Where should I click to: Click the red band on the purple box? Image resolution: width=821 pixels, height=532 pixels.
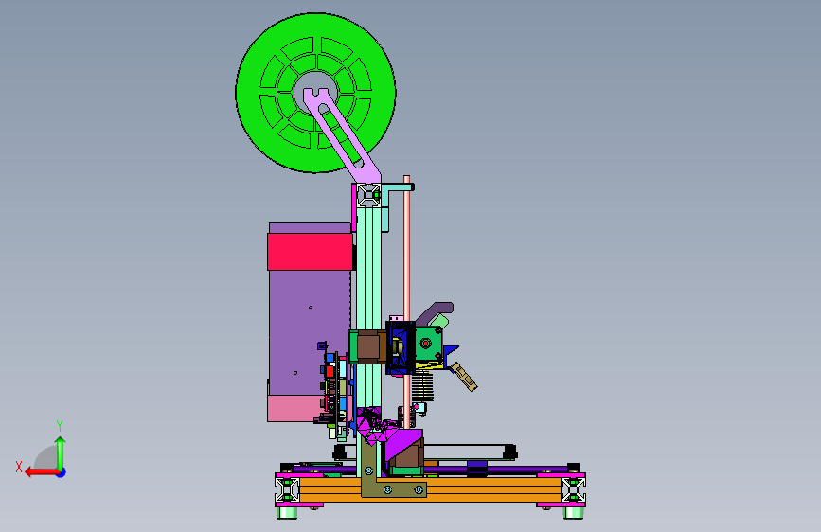(x=310, y=252)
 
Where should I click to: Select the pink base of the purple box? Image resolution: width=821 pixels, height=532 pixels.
(x=294, y=408)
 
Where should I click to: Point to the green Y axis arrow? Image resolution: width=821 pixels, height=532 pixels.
(x=61, y=453)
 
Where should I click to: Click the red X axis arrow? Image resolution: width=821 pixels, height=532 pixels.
(x=42, y=472)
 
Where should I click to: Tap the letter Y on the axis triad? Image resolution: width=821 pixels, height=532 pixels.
(x=60, y=426)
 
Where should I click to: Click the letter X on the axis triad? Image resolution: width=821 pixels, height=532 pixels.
(x=19, y=467)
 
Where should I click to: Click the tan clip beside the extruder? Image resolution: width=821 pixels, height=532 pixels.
(x=465, y=377)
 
